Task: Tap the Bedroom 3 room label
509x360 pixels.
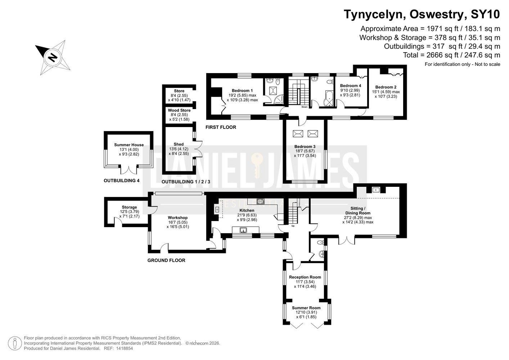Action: point(305,147)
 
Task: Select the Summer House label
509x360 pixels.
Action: point(129,145)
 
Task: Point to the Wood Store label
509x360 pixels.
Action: point(179,110)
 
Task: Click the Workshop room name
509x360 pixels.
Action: point(178,218)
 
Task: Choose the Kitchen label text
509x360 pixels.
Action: point(247,211)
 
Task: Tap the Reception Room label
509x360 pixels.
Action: point(305,277)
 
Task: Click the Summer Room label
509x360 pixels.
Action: point(306,308)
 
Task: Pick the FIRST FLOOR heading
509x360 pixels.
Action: point(221,127)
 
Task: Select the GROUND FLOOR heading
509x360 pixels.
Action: point(166,260)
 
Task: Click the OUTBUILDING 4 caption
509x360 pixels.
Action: point(122,181)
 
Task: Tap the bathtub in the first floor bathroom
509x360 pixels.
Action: point(329,99)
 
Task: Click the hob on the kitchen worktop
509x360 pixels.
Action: point(260,201)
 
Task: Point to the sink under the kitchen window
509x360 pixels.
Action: point(243,230)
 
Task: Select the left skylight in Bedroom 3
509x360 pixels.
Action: point(298,134)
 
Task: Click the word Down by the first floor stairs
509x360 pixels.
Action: point(305,107)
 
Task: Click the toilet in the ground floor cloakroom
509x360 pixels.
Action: point(321,242)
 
